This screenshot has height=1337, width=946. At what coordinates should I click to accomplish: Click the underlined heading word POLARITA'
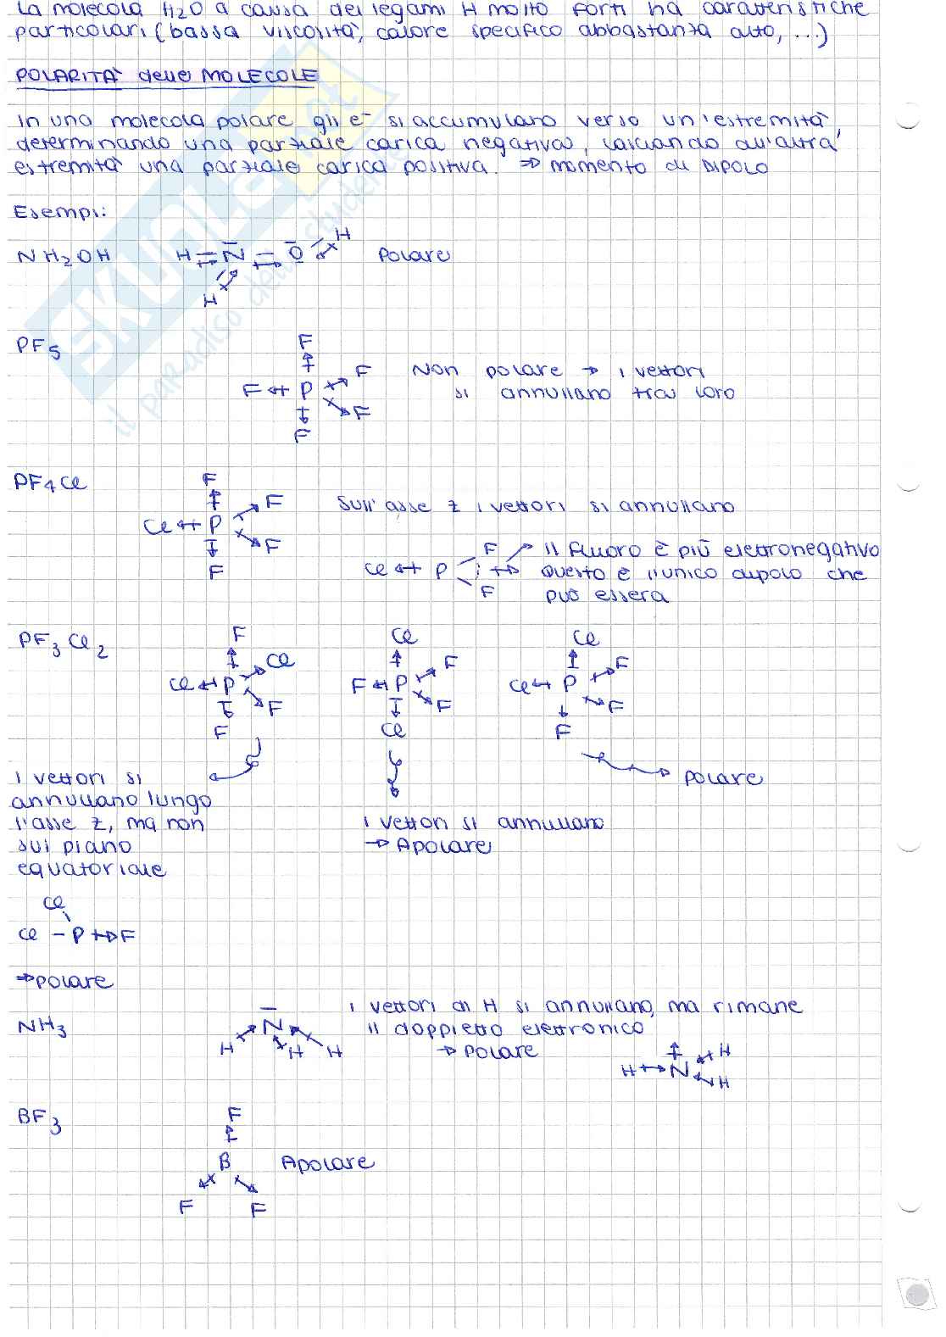click(69, 76)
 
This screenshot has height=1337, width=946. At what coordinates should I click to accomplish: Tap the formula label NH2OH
click(64, 255)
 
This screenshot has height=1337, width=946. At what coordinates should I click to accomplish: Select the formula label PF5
click(38, 348)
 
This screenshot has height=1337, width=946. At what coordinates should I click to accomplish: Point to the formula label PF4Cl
click(50, 484)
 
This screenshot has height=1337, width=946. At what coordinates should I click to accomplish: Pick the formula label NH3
click(42, 1028)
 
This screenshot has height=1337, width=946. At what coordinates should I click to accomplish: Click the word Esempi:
click(59, 212)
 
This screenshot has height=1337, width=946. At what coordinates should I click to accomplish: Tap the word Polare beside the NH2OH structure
click(414, 254)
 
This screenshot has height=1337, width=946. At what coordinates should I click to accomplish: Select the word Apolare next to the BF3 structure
click(326, 1162)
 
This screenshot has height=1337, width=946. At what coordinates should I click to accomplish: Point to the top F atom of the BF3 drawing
click(235, 1113)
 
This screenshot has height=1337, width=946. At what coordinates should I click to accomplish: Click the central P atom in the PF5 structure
click(305, 390)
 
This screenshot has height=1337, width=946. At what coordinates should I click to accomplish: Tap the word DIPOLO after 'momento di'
click(734, 166)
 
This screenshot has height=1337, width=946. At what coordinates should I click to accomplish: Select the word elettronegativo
click(801, 550)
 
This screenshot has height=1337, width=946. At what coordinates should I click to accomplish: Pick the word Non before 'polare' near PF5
click(435, 370)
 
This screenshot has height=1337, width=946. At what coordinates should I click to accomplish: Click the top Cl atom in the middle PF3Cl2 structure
click(403, 637)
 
